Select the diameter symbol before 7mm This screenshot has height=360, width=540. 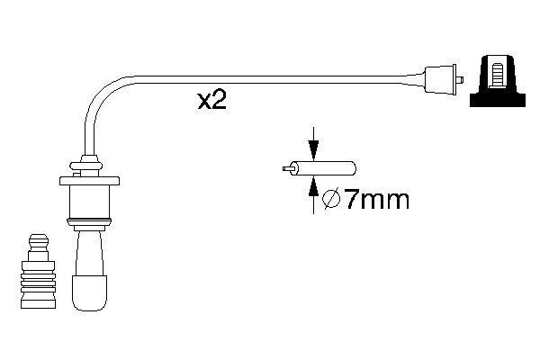coord(329,200)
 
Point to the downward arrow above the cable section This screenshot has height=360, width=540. coord(312,144)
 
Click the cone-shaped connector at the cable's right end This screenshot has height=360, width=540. coord(438,78)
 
